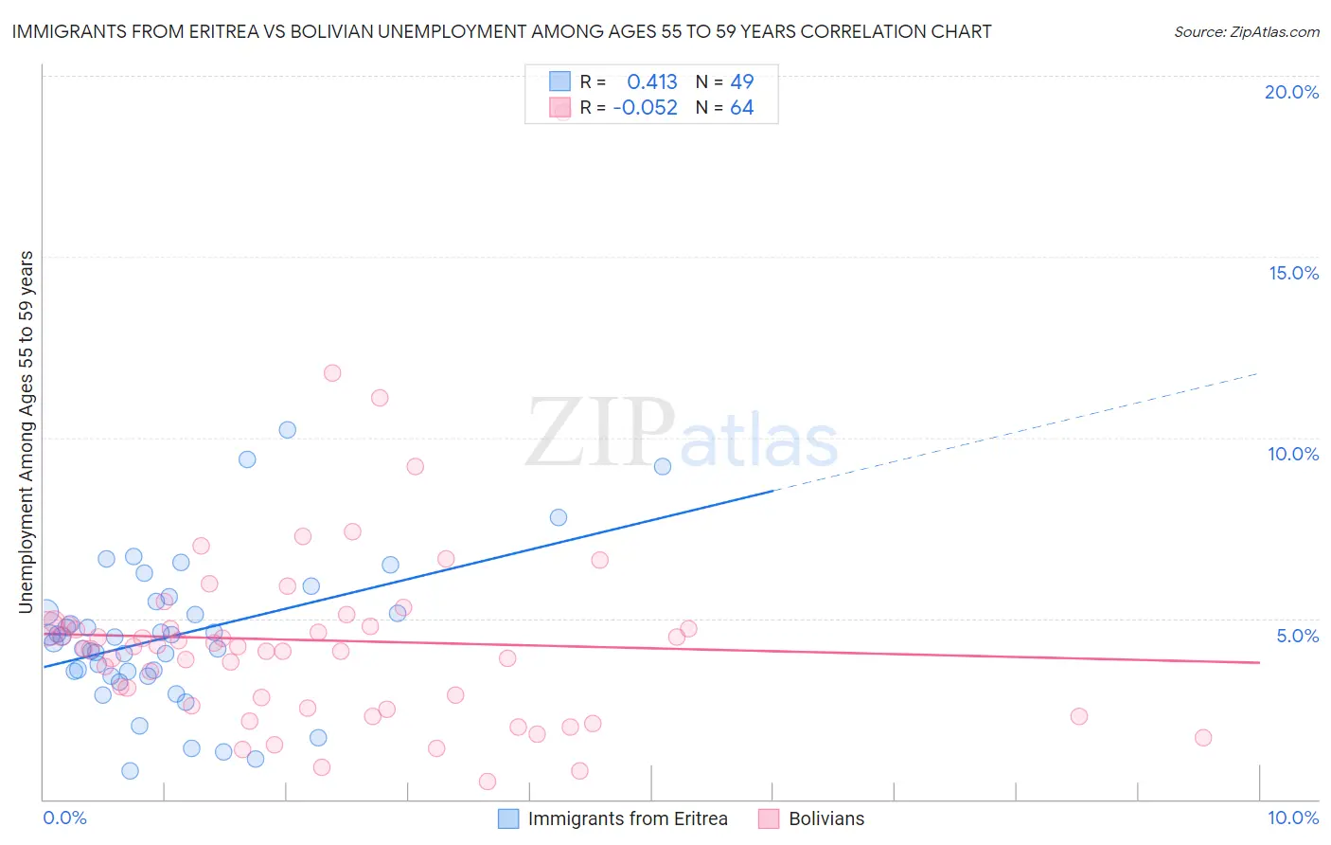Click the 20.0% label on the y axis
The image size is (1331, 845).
pos(1291,92)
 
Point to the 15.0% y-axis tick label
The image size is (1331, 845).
pos(1293,273)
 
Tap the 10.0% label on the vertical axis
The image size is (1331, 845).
pos(1293,454)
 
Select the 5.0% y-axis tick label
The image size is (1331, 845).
pos(1297,636)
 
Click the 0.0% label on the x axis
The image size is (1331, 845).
pos(64,818)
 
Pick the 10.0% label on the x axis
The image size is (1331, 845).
pos(1293,818)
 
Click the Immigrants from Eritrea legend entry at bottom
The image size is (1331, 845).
pos(627,818)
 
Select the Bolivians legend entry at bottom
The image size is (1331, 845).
pos(825,818)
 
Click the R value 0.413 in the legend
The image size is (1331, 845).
pos(652,81)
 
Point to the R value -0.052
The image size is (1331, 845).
pos(646,108)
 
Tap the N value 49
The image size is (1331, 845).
pos(742,81)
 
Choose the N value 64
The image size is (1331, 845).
pos(742,108)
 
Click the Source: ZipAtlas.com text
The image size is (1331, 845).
pos(1246,31)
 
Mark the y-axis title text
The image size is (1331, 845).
pos(27,432)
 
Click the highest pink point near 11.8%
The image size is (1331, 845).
pos(332,373)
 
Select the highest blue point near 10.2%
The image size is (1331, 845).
pos(288,430)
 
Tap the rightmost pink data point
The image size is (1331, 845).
pos(1203,738)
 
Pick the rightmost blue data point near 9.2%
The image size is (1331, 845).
pos(663,466)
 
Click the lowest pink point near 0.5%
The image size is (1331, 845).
pos(488,782)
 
